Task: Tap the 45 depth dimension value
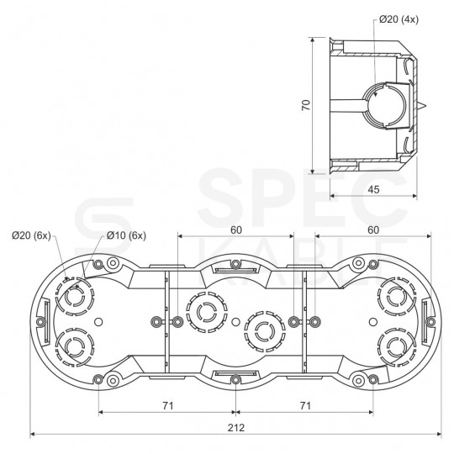(374, 189)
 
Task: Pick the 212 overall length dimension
(236, 426)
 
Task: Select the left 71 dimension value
(167, 405)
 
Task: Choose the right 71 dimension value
(306, 405)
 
